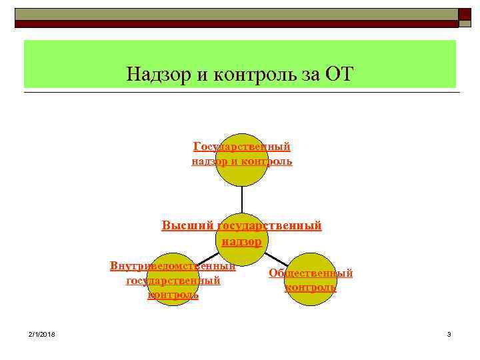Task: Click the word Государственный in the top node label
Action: click(x=241, y=146)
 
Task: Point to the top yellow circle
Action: click(x=241, y=173)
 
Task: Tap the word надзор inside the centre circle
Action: click(x=241, y=241)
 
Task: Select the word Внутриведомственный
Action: click(x=173, y=267)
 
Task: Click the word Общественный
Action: click(x=310, y=273)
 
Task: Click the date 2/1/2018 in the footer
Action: click(x=42, y=333)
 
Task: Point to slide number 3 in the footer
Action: click(x=449, y=333)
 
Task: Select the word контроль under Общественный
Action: click(x=310, y=287)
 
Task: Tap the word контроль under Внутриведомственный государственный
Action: click(x=173, y=295)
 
